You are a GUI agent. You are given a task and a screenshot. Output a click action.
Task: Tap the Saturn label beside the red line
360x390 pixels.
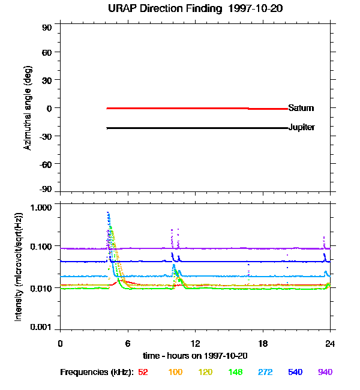pos(301,109)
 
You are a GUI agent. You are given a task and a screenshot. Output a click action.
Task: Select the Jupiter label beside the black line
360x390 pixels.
pos(301,128)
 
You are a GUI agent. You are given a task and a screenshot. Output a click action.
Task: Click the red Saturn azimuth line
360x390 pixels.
pos(180,108)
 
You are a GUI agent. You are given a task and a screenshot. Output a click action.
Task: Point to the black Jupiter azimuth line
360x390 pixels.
pos(180,128)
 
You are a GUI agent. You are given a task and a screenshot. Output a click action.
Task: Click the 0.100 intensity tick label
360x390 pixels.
pos(41,247)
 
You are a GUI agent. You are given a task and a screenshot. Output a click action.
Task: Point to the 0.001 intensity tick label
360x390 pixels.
pos(41,328)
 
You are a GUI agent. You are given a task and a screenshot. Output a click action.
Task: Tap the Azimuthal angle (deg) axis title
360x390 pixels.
pos(28,109)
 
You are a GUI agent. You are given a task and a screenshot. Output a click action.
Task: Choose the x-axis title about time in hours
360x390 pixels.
pos(195,356)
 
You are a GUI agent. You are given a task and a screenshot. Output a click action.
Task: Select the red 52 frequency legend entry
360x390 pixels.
pos(143,373)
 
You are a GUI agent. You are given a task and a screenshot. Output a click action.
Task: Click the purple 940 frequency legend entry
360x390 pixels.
pos(325,373)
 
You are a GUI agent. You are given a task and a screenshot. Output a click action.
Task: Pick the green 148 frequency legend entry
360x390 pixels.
pos(234,373)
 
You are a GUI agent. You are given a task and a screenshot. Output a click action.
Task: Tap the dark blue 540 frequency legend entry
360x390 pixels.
pos(296,373)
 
